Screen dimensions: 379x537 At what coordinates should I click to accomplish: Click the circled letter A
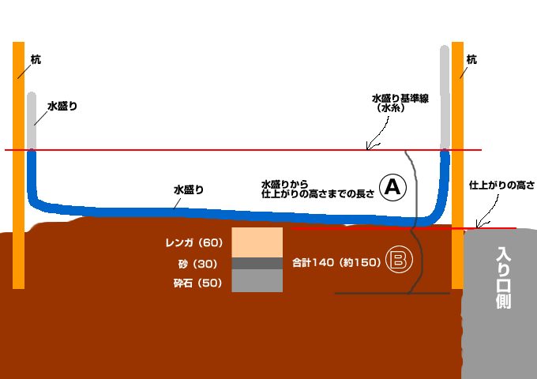click(392, 187)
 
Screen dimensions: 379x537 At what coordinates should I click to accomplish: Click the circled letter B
click(398, 261)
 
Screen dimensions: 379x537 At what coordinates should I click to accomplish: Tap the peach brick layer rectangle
click(257, 242)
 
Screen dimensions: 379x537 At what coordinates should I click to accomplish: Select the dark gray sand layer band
click(257, 263)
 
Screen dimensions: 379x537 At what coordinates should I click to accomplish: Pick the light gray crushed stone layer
click(257, 281)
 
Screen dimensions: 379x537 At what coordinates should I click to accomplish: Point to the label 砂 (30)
click(201, 264)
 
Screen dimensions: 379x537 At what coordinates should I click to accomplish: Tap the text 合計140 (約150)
click(336, 262)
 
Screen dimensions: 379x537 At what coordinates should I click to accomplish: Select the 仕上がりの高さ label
click(501, 186)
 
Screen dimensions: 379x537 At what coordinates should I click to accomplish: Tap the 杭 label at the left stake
click(36, 58)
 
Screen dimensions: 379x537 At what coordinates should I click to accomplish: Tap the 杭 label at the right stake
click(472, 59)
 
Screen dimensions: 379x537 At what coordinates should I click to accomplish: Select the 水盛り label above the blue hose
click(189, 189)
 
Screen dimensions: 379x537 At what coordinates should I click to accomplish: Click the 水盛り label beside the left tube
click(62, 105)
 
